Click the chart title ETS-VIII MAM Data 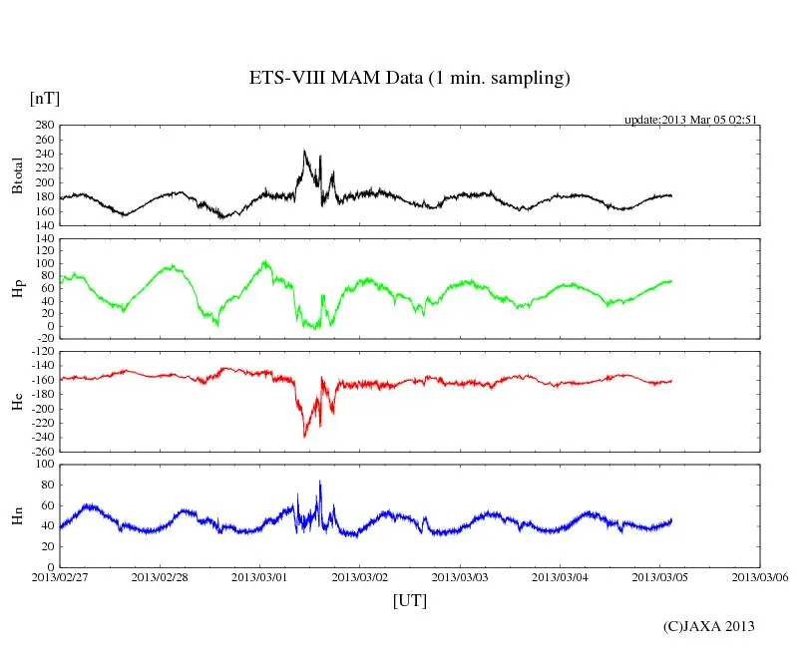(x=409, y=79)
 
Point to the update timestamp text (x=691, y=120)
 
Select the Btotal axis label (x=17, y=174)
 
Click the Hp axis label (x=17, y=288)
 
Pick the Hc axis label (x=17, y=402)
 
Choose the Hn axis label (x=17, y=515)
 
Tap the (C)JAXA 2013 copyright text (x=709, y=626)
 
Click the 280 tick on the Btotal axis (x=45, y=126)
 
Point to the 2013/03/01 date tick (x=260, y=576)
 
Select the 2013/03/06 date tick (x=760, y=576)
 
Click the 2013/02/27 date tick (x=60, y=576)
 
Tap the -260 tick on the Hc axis (x=42, y=451)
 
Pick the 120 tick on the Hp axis (x=45, y=239)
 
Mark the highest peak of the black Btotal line (x=304, y=151)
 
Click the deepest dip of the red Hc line (x=304, y=436)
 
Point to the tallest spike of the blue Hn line (x=320, y=482)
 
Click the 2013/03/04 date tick (x=561, y=576)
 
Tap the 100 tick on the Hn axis (x=45, y=464)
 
